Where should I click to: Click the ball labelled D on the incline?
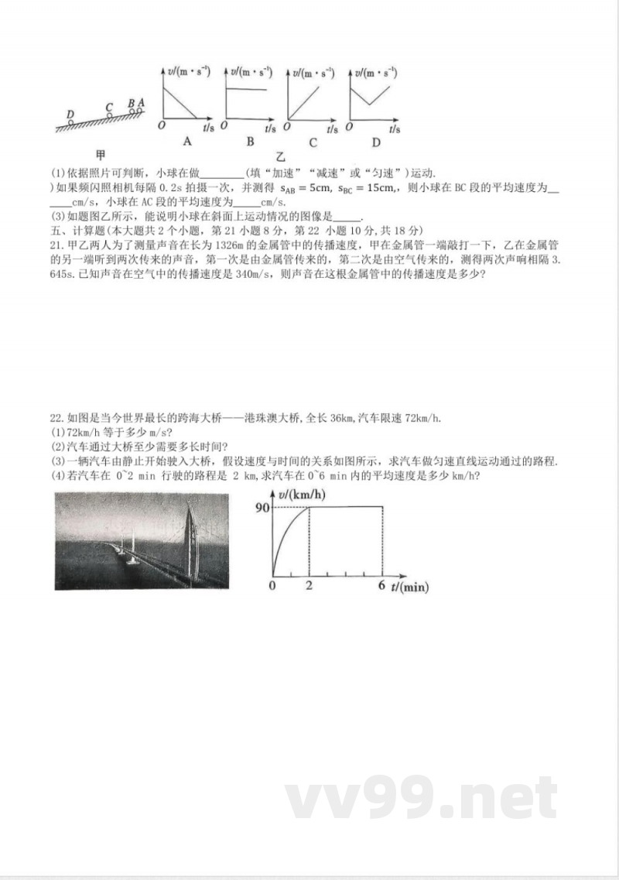point(70,122)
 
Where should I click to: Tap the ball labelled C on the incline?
point(110,115)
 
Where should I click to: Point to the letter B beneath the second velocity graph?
point(250,142)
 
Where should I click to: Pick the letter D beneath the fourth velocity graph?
point(376,142)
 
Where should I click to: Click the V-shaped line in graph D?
point(371,96)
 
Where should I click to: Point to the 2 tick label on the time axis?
point(309,586)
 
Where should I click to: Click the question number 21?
point(55,245)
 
